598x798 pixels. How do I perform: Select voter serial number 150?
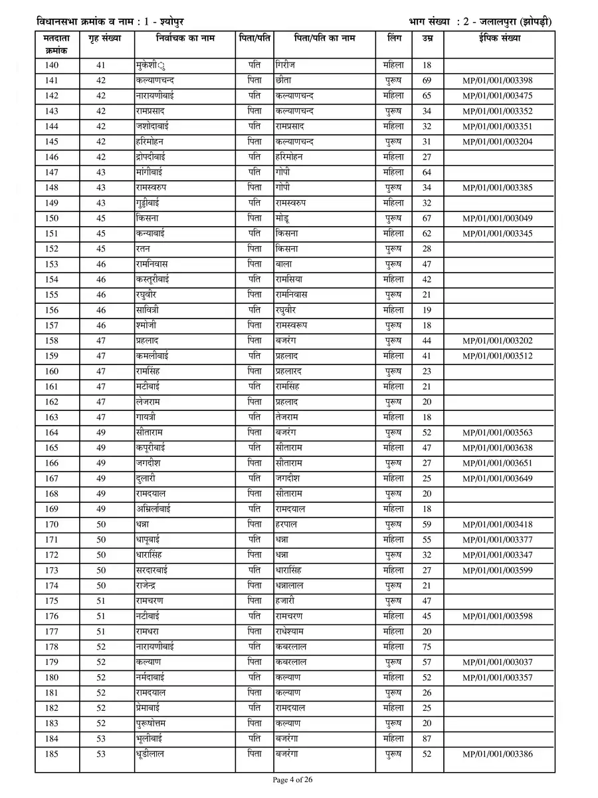click(x=52, y=219)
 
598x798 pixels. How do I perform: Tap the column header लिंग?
click(x=393, y=39)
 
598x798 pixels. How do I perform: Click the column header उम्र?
click(x=427, y=39)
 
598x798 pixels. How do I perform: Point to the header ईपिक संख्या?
click(x=498, y=39)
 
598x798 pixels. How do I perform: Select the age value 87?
click(x=427, y=739)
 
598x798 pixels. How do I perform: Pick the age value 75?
click(x=427, y=647)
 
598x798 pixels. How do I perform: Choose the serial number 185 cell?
click(x=52, y=754)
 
